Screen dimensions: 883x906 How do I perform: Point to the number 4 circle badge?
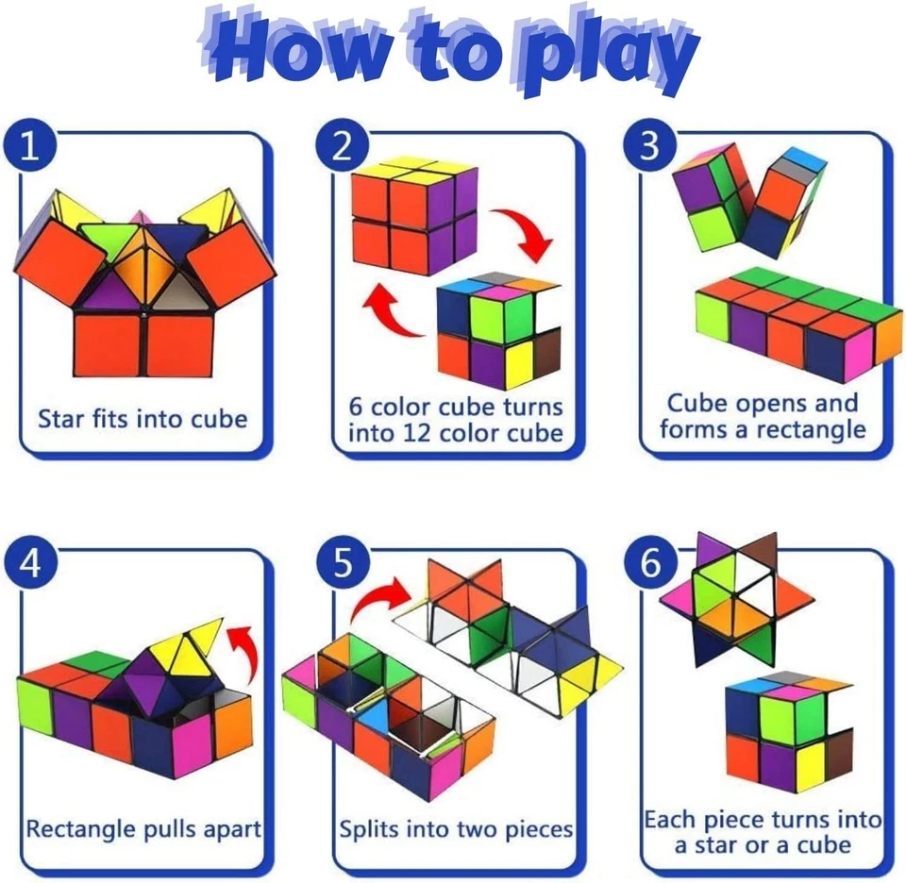31,563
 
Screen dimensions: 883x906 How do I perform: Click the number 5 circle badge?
343,563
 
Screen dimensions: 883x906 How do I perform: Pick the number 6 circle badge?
650,563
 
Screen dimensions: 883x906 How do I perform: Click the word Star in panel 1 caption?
62,418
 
